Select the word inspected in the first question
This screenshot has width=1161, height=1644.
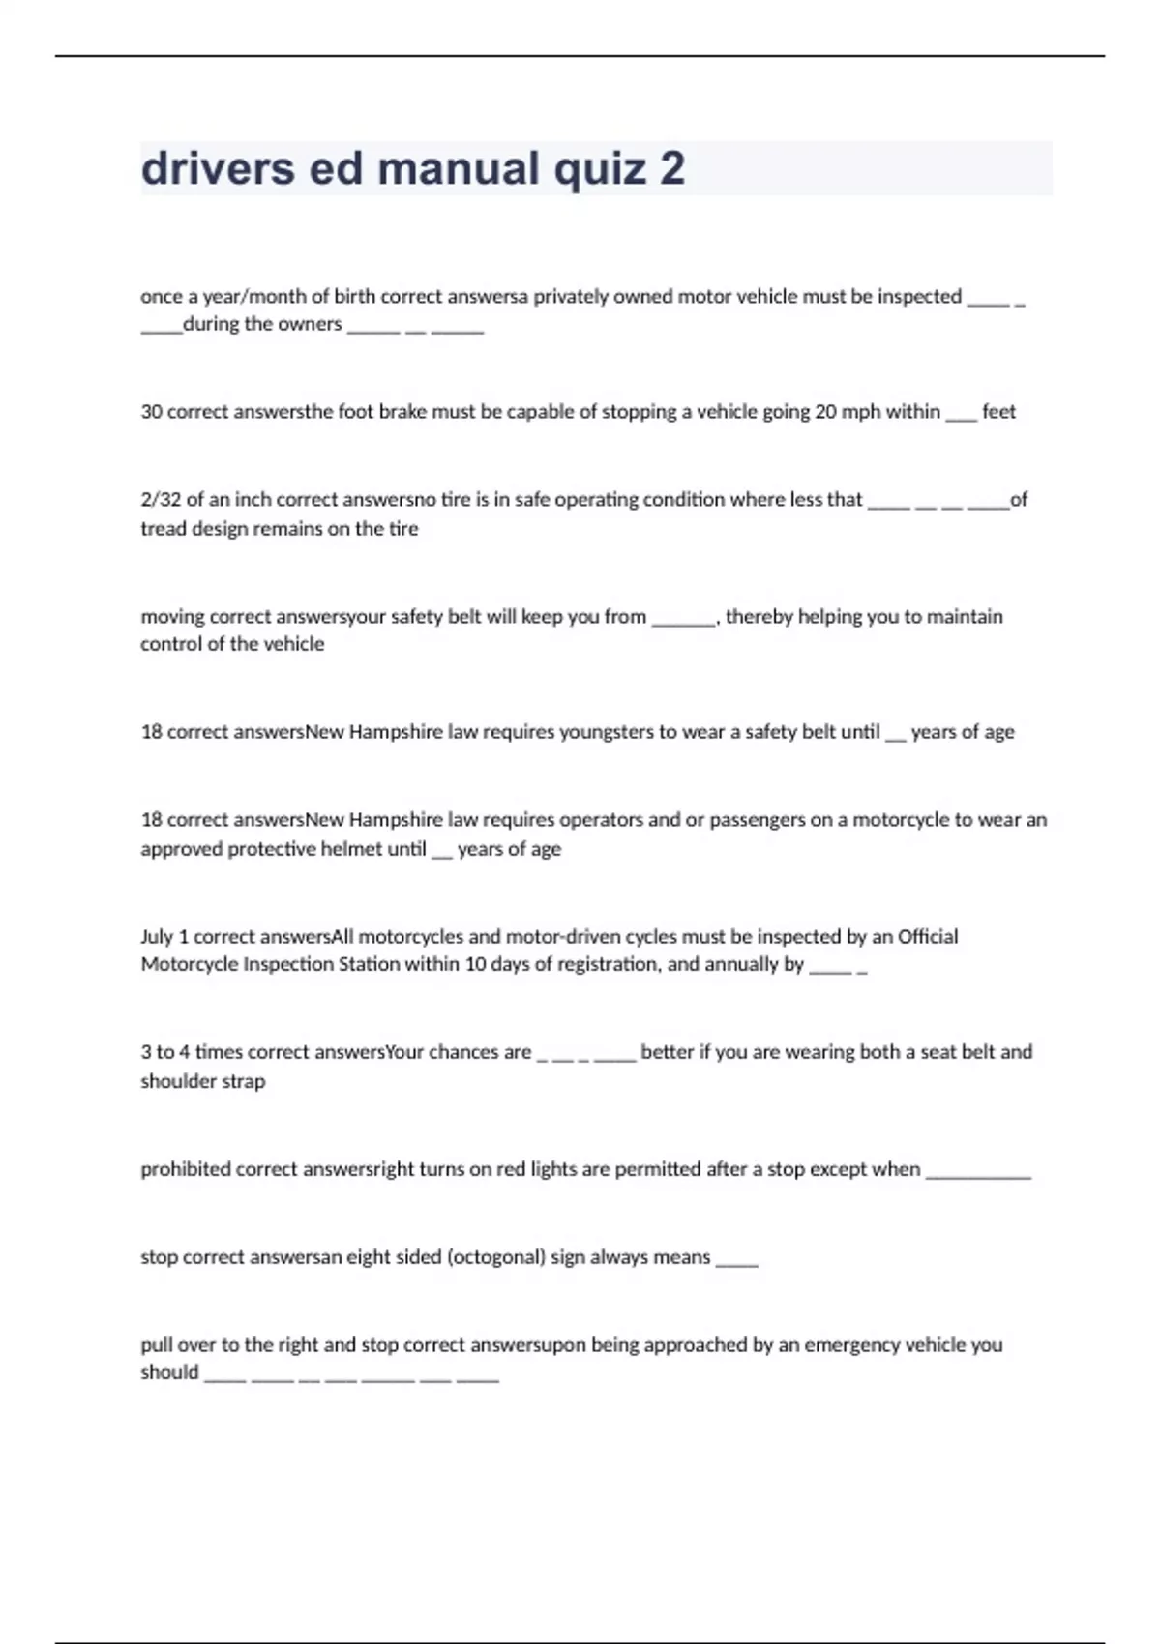coord(919,297)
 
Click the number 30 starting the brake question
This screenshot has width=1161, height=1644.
coord(151,412)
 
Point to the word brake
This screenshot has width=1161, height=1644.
coord(402,412)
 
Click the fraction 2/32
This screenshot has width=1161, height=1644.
coord(160,500)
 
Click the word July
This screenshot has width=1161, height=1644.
coord(157,936)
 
